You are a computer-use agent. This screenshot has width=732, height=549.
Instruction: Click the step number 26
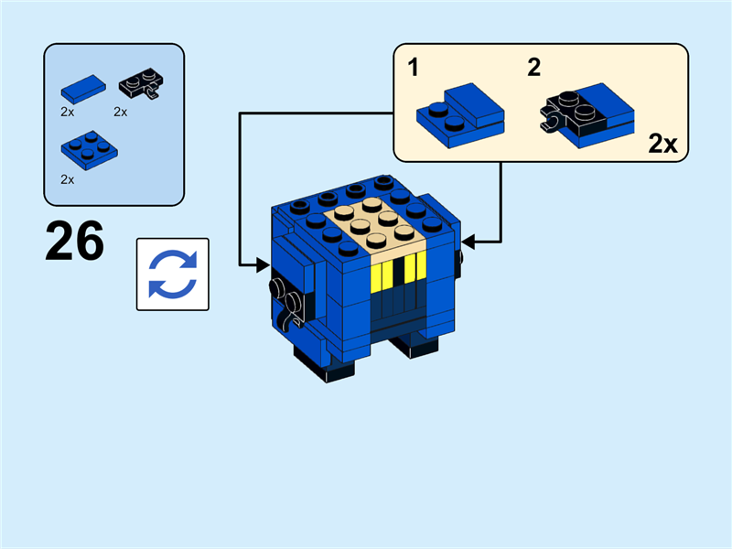(74, 242)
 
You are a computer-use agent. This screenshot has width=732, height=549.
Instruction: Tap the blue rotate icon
(173, 274)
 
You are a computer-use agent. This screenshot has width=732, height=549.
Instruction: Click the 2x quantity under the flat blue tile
(67, 112)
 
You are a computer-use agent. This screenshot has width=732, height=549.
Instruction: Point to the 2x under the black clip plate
(120, 112)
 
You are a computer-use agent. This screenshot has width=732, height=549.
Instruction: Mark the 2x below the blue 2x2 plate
(67, 179)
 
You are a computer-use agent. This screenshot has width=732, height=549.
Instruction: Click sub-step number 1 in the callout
(413, 66)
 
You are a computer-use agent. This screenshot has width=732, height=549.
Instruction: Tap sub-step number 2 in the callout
(534, 66)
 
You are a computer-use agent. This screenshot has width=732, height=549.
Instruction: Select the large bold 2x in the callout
(662, 144)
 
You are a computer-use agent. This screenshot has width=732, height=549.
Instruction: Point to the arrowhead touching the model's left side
(265, 265)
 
